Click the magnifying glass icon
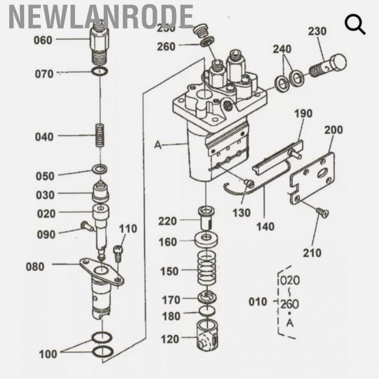(x=355, y=25)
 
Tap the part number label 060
(x=43, y=40)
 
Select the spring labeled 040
(x=99, y=135)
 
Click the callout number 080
(x=35, y=266)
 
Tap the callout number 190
(x=303, y=114)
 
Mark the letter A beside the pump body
(x=158, y=145)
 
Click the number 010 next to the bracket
(x=257, y=302)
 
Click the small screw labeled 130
(x=248, y=182)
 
